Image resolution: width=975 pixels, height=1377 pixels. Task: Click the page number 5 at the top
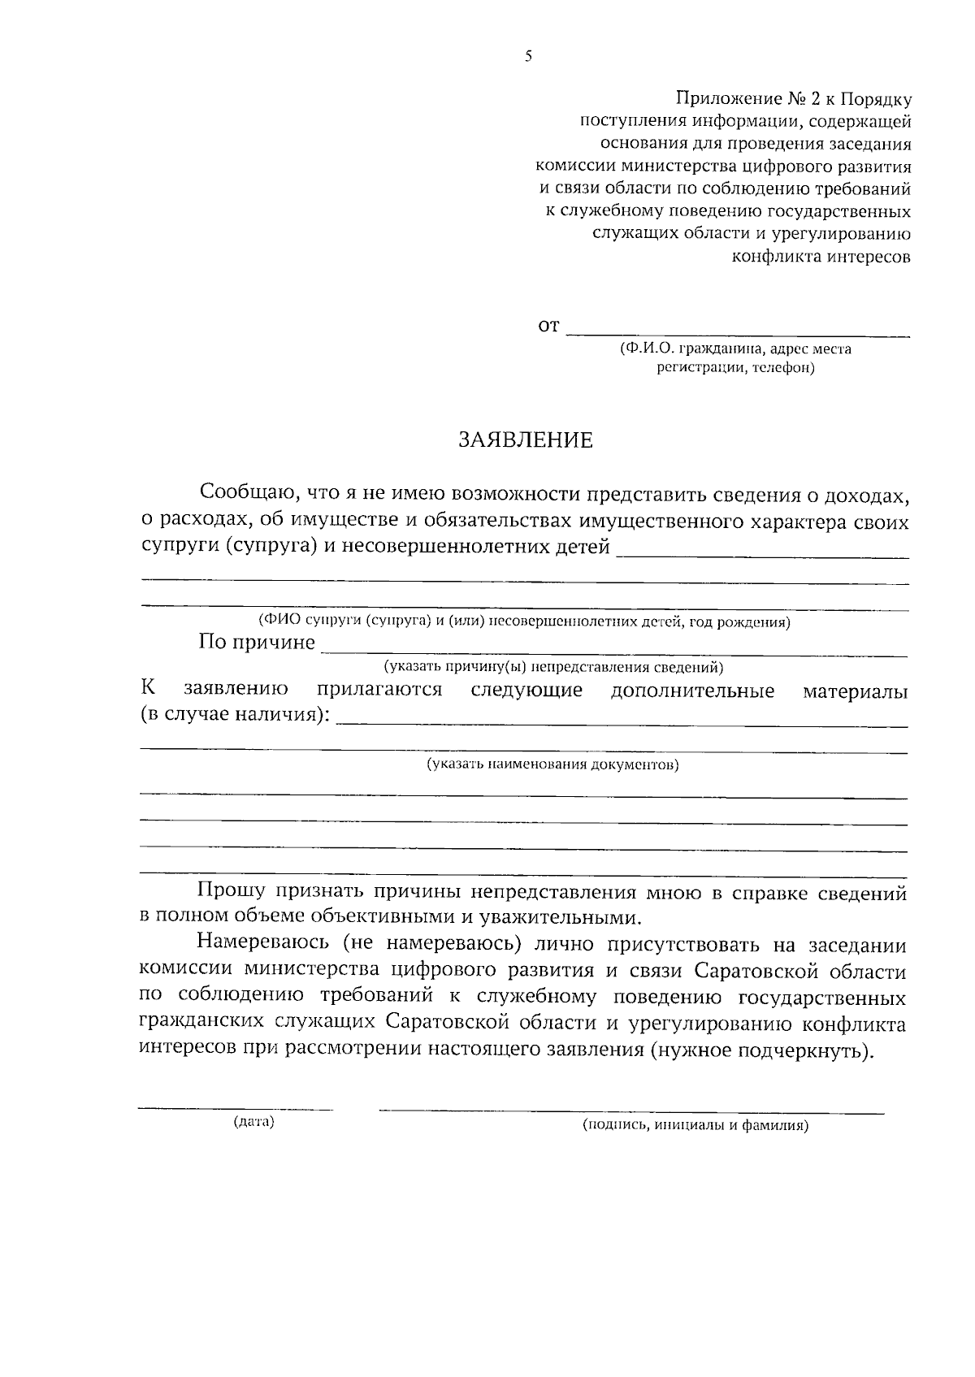point(528,56)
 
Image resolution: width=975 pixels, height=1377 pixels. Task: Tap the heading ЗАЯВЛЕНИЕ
point(526,440)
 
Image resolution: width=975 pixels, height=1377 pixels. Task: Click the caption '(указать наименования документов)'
point(552,764)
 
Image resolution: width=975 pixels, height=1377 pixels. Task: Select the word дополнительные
point(692,691)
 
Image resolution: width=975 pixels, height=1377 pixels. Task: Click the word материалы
point(856,692)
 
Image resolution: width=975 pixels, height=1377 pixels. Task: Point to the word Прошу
point(230,892)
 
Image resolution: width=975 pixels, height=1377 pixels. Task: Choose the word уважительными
point(552,918)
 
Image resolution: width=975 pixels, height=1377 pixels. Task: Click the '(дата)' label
point(253,1123)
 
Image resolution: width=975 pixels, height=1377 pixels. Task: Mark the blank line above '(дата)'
point(236,1109)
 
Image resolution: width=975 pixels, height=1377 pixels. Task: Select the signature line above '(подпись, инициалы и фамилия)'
point(632,1111)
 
